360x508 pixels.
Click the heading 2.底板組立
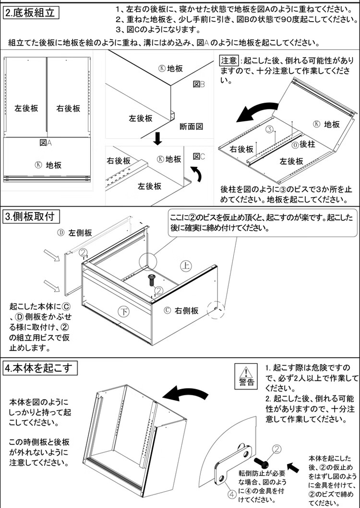[x=31, y=13]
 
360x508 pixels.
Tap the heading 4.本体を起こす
[x=38, y=368]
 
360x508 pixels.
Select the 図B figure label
[x=199, y=84]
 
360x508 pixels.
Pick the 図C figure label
[x=199, y=156]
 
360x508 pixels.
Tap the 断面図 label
[x=192, y=127]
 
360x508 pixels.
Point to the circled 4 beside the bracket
[x=231, y=493]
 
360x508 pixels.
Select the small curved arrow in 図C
[x=195, y=174]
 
